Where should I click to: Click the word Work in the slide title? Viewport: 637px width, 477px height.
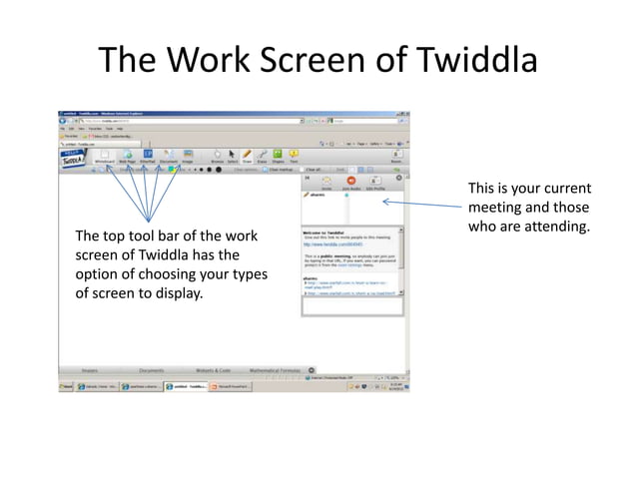pos(214,59)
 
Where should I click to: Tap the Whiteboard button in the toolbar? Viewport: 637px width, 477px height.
pos(105,156)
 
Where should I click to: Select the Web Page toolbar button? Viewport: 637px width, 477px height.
pos(127,156)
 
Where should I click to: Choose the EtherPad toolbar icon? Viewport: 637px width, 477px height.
pos(147,156)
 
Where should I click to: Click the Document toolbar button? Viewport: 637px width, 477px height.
pos(168,156)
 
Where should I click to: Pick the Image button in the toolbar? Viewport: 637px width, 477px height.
pos(188,156)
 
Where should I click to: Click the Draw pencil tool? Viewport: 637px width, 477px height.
pos(247,156)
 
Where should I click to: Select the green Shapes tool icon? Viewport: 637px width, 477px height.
pos(278,156)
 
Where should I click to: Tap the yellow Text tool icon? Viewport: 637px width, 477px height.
pos(294,156)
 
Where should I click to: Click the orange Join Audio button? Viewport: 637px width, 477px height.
pos(351,182)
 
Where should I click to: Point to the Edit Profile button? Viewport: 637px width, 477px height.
pos(375,182)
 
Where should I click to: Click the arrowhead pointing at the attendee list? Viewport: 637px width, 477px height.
pos(385,202)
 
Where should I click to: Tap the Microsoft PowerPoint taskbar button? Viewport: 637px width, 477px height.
pos(235,386)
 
